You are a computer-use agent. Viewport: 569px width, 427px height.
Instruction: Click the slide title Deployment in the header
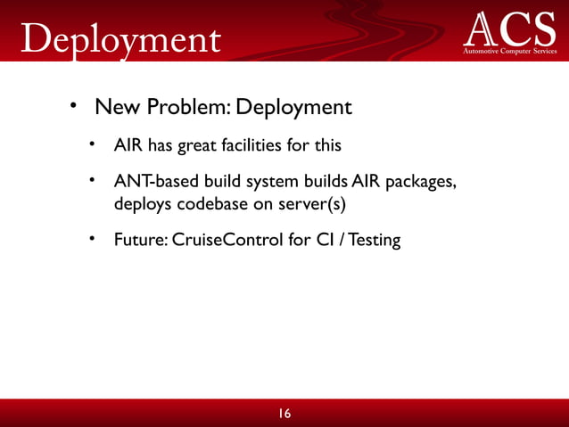[x=119, y=37]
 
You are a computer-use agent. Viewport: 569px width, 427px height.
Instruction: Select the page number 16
[x=284, y=414]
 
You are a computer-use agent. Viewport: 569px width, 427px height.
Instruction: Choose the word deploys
[x=141, y=203]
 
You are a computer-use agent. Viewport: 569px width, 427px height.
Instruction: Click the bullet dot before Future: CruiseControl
[x=93, y=239]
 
